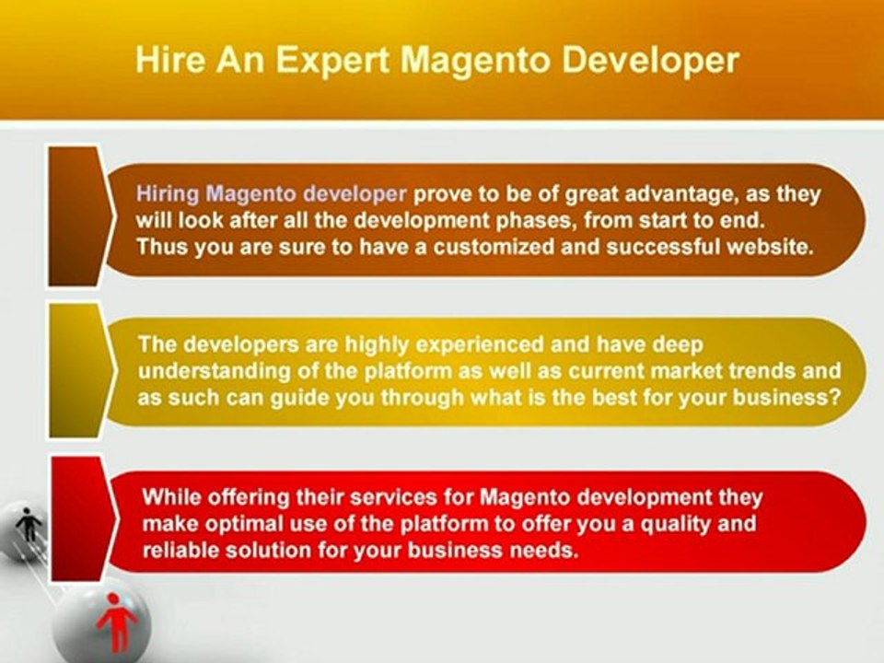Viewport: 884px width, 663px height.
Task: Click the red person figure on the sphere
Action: point(117,621)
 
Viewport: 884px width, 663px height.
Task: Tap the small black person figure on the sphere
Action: point(29,526)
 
